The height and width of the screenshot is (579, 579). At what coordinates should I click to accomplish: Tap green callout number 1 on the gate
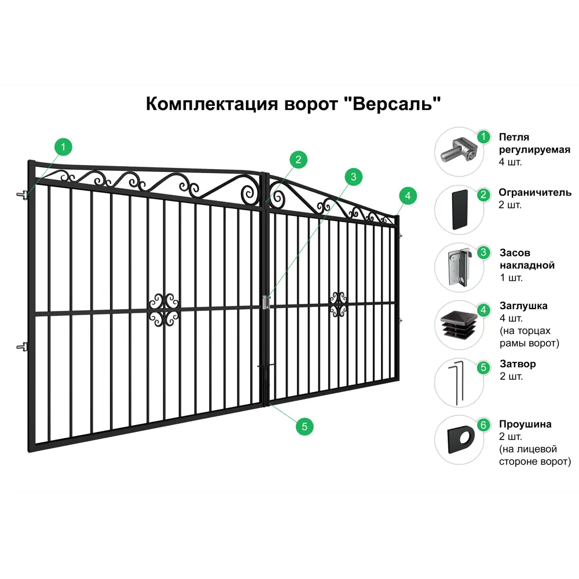click(63, 147)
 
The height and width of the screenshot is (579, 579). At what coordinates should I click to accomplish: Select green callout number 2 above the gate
click(298, 160)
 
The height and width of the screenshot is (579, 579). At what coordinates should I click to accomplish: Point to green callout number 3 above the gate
click(353, 177)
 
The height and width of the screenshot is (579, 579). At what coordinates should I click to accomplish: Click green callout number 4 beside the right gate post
click(408, 196)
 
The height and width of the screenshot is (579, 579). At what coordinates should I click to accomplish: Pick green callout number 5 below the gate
click(305, 427)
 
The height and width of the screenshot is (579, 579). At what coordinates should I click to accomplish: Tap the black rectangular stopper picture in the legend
click(460, 210)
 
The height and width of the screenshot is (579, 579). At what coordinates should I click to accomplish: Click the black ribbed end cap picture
click(460, 325)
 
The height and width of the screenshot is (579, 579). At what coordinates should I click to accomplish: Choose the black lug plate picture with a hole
click(461, 440)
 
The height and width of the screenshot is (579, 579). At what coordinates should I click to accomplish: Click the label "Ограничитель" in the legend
click(534, 192)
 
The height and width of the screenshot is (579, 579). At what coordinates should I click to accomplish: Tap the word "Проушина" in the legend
click(525, 424)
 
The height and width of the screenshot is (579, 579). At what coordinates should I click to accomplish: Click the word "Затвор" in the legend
click(518, 364)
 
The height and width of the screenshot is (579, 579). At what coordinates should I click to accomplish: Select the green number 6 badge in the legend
click(483, 425)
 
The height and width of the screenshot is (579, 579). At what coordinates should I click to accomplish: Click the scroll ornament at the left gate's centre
click(164, 310)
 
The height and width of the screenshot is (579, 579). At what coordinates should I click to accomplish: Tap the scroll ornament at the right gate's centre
click(338, 305)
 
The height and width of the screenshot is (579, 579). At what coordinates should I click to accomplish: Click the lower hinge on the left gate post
click(23, 347)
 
